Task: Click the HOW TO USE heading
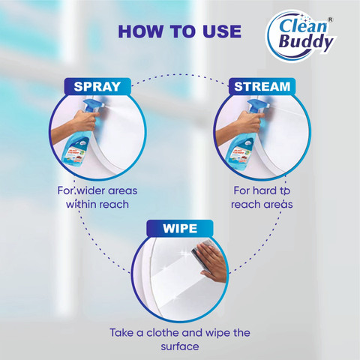180,31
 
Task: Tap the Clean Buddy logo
301,35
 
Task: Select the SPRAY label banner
97,86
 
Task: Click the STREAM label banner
262,86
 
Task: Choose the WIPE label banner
180,228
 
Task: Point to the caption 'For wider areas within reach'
97,197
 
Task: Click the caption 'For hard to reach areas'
262,197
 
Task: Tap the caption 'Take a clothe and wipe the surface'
180,340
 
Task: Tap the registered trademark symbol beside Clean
330,19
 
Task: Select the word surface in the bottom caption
180,346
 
